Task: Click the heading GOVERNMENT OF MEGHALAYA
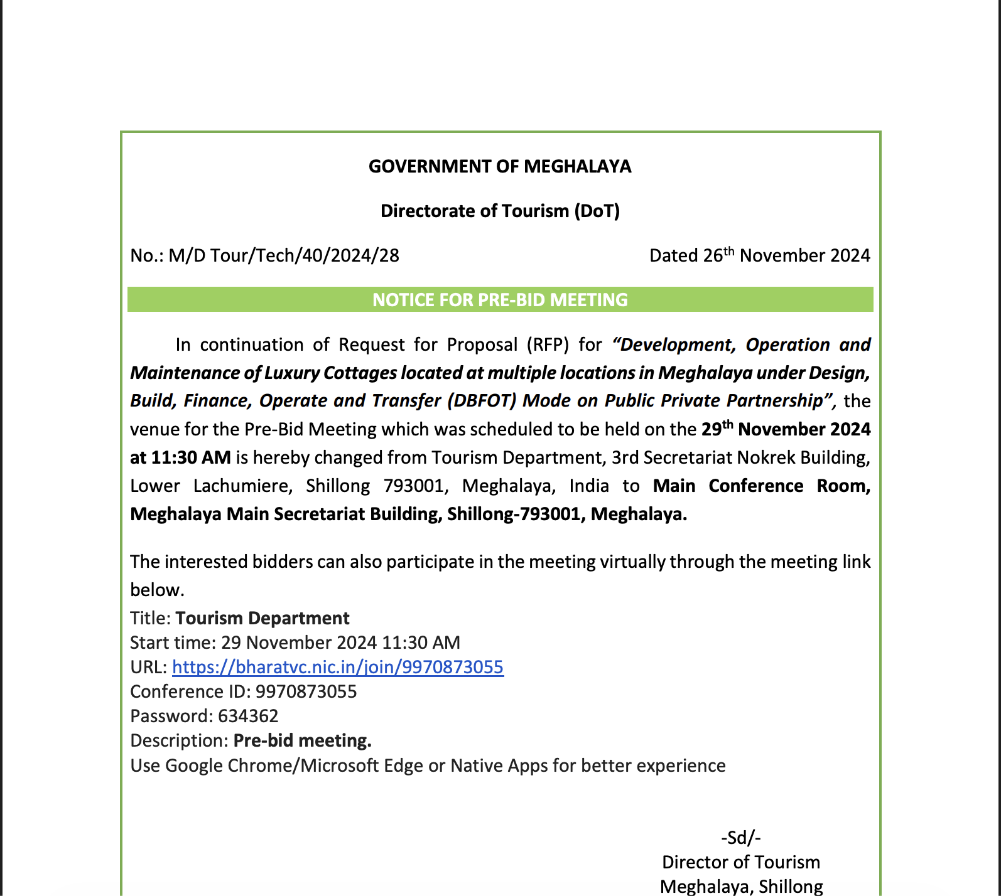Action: [x=500, y=166]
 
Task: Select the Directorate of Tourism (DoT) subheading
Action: [x=500, y=211]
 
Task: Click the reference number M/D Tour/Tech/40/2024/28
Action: [x=284, y=255]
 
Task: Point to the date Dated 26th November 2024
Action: [x=759, y=255]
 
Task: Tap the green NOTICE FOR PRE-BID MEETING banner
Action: [x=500, y=300]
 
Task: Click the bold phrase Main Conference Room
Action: [x=761, y=486]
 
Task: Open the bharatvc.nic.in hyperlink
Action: [x=338, y=667]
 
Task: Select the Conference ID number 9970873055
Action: [x=306, y=691]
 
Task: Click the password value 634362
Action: [x=248, y=716]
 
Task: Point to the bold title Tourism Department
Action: [x=262, y=618]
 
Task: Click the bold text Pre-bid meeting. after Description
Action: [x=302, y=740]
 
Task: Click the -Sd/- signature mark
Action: [x=741, y=838]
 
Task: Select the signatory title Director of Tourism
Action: [x=741, y=862]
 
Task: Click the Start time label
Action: [x=173, y=643]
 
